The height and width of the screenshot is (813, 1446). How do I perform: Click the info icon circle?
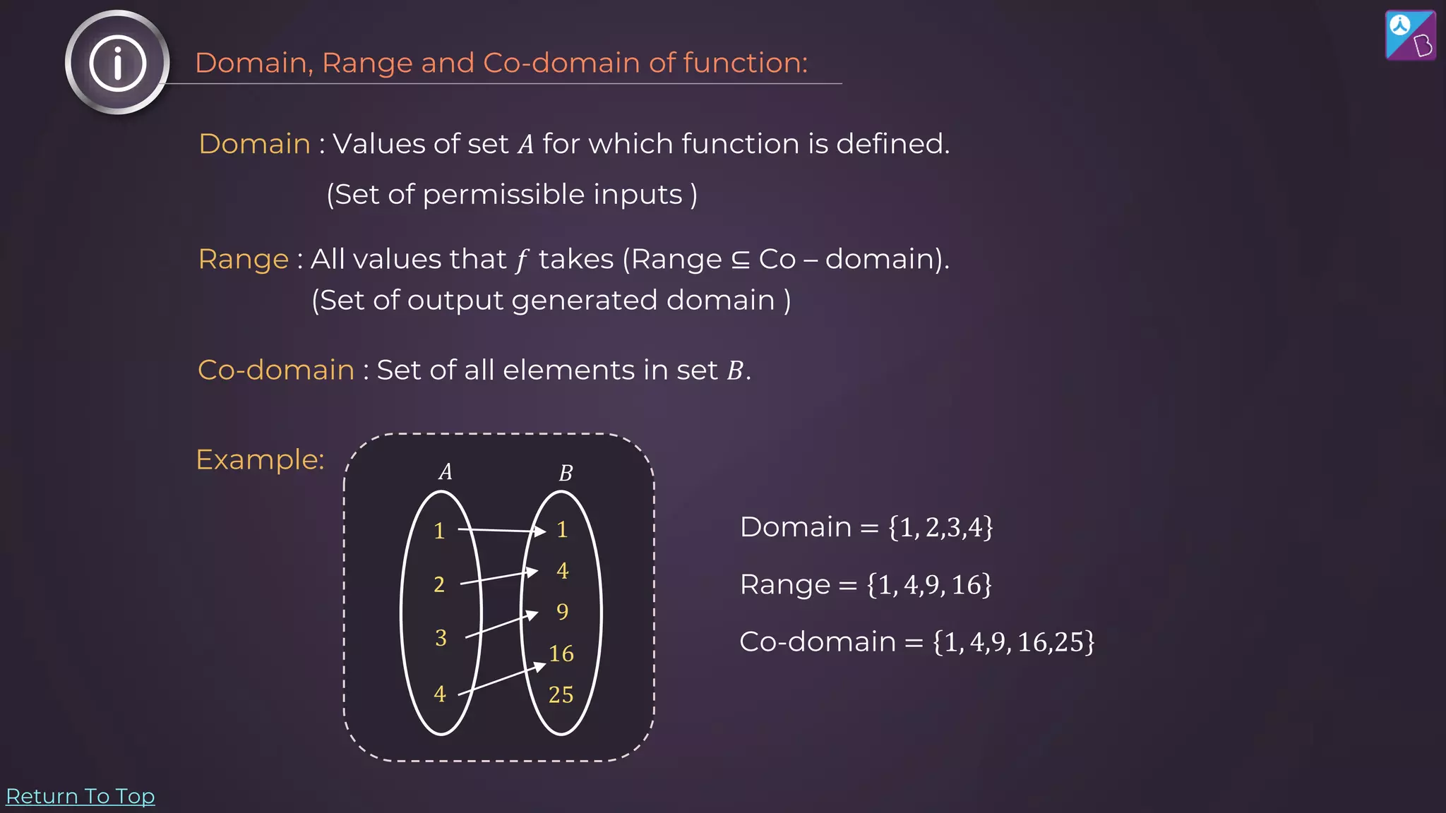[x=117, y=63]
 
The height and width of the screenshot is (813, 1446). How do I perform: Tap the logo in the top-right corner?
[x=1410, y=35]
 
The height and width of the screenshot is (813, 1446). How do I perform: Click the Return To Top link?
[x=80, y=796]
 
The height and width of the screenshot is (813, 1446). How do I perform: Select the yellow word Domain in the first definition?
[x=255, y=144]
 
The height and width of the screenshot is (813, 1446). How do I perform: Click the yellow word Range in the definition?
[x=244, y=259]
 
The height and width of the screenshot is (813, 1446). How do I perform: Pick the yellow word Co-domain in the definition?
[x=276, y=370]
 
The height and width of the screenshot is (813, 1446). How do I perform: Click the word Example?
[x=260, y=459]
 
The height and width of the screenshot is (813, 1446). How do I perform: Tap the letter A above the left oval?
[x=445, y=471]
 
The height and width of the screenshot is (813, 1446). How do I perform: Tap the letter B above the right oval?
[x=566, y=473]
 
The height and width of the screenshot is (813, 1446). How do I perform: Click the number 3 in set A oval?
[x=441, y=638]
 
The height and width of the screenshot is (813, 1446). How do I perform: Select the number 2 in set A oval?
[x=439, y=584]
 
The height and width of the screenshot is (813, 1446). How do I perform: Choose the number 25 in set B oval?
[x=561, y=695]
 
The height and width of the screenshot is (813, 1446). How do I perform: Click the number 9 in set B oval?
[x=562, y=611]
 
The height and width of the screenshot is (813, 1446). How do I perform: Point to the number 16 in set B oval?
[x=561, y=654]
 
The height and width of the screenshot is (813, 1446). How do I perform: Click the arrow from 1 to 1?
[x=501, y=530]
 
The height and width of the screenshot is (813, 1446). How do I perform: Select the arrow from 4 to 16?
[x=503, y=680]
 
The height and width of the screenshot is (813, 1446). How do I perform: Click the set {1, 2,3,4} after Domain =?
[x=940, y=527]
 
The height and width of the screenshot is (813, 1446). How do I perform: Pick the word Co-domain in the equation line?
[x=817, y=642]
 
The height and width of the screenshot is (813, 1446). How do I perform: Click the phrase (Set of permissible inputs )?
[x=512, y=195]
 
